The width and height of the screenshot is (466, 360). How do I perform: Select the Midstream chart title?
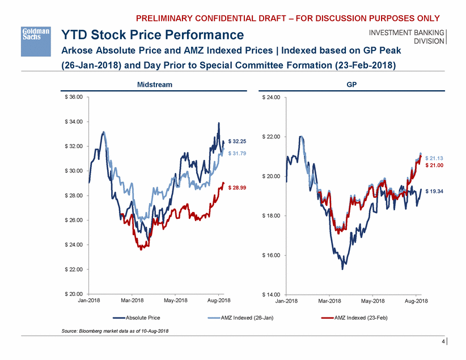pos(155,84)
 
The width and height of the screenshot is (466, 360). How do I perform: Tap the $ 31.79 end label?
pos(237,154)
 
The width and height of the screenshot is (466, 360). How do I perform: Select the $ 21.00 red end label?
pos(434,166)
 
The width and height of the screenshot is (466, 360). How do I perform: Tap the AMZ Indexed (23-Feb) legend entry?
pos(356,318)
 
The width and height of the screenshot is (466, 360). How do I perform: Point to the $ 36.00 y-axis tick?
pos(73,98)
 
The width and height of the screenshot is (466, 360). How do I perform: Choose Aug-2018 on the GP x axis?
pos(416,300)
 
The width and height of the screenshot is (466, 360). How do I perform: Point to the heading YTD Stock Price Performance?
pos(152,35)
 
